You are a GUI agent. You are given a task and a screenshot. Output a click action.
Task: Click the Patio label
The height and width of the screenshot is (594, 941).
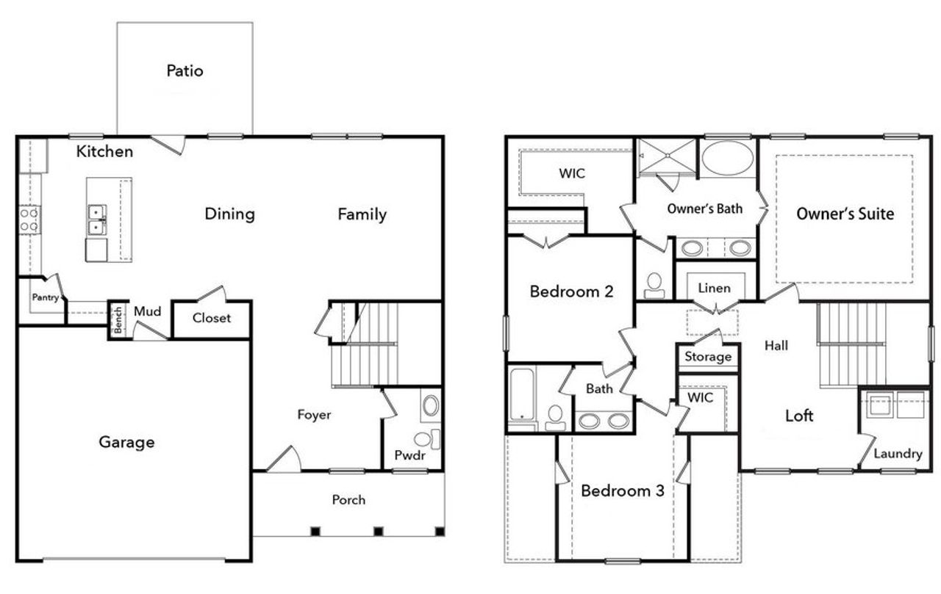coord(185,71)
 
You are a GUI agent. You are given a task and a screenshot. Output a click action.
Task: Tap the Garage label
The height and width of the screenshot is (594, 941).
coord(126,442)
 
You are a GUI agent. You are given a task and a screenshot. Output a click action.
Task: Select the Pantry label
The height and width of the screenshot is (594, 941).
coord(44,297)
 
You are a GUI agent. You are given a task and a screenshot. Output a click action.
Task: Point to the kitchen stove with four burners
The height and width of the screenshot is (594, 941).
coord(29,219)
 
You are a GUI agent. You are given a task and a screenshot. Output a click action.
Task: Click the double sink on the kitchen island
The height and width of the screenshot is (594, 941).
coord(96,220)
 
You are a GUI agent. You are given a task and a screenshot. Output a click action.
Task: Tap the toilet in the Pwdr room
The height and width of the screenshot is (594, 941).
coord(424,440)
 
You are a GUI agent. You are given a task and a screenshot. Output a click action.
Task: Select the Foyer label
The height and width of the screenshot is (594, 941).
coord(314,415)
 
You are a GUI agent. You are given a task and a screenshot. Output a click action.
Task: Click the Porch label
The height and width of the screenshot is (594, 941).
coord(348,499)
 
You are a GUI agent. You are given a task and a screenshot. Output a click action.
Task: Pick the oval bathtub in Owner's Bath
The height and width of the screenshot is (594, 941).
coord(727,157)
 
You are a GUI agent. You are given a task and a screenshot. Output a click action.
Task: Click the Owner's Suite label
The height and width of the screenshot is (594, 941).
coord(845,214)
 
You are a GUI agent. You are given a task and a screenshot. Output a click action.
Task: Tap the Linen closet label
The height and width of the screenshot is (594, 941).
coord(714,288)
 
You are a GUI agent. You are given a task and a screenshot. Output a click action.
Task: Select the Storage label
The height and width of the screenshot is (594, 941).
coord(708,357)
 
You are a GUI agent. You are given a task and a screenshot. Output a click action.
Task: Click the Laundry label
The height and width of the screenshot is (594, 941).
coord(897,454)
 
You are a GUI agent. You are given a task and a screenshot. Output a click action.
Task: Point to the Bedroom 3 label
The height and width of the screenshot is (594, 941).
coord(622,490)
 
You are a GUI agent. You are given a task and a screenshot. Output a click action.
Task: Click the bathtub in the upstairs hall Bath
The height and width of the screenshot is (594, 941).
coord(524,397)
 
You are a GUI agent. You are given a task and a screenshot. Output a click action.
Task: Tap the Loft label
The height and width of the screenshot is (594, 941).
coord(799,416)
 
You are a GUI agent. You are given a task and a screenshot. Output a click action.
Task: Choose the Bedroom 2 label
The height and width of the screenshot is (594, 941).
coord(571,291)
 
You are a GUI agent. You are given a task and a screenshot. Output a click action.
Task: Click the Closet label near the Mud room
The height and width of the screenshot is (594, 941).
coord(212,318)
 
